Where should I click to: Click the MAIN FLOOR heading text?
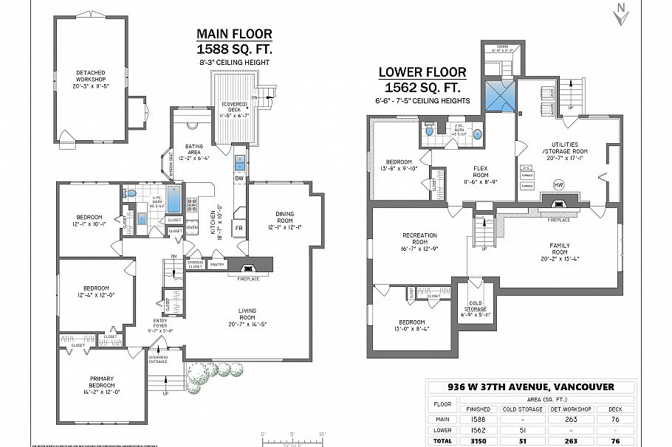(234, 34)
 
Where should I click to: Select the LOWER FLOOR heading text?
(422, 72)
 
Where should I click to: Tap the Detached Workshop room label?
(91, 79)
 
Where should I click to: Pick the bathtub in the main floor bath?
(175, 198)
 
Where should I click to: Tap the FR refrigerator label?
(239, 229)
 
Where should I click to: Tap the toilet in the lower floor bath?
(428, 131)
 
